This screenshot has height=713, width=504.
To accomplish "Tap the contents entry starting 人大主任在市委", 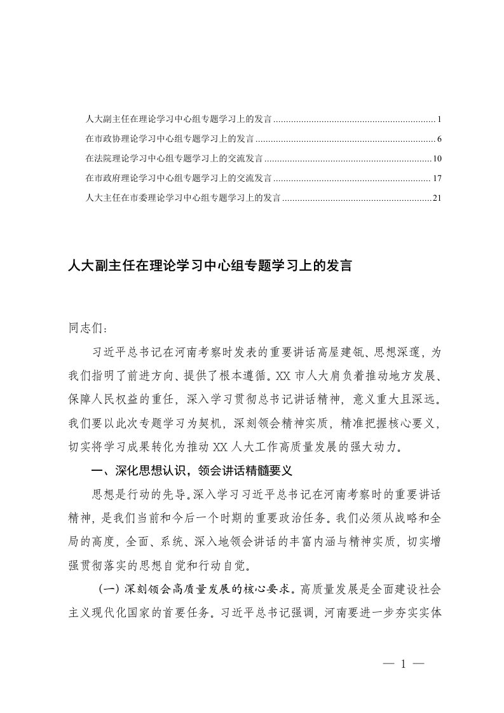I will (183, 198).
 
